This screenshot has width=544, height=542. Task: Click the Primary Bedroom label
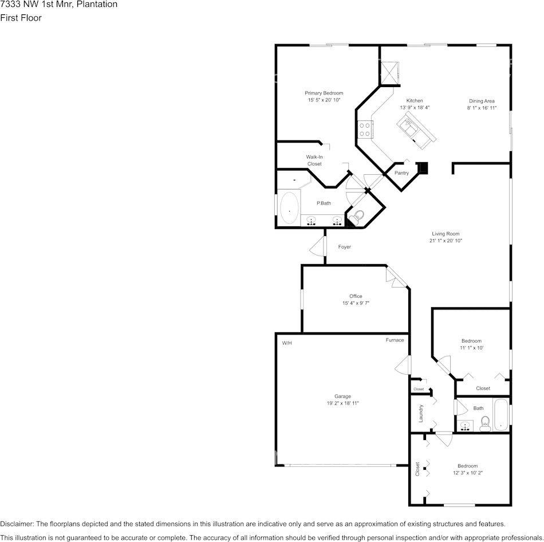tap(324, 93)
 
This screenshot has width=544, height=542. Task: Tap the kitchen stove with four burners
tap(365, 129)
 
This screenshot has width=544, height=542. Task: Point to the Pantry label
tap(401, 173)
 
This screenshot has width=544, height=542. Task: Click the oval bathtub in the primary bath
tap(289, 207)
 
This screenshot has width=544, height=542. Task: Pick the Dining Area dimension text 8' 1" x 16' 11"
tap(482, 108)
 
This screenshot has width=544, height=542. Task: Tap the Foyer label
tap(345, 247)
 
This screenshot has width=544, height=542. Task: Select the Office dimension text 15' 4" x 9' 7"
tap(356, 303)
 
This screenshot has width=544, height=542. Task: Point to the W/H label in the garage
tap(286, 343)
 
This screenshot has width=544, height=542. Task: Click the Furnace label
tap(395, 340)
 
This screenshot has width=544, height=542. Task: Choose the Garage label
tap(342, 396)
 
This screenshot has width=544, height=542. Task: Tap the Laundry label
tap(421, 413)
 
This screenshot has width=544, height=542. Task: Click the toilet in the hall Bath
tap(484, 423)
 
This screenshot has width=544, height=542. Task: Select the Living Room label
tap(446, 234)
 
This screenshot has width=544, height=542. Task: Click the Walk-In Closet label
tap(314, 160)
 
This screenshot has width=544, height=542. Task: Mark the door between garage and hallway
tap(403, 365)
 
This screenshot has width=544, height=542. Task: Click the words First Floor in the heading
tap(21, 18)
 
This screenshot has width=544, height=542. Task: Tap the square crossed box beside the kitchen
tap(389, 73)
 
